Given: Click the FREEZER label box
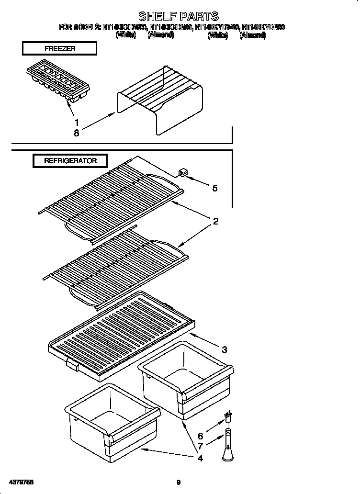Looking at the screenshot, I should click(x=59, y=49).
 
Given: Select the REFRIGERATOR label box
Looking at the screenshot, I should click(x=70, y=161).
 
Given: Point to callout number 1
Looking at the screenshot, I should click(x=77, y=122).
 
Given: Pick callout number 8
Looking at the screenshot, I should click(x=77, y=134).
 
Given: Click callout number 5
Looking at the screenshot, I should click(x=214, y=188).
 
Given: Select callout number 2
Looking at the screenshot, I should click(x=215, y=221).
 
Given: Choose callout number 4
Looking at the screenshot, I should click(x=200, y=458).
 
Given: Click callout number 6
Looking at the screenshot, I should click(x=200, y=436).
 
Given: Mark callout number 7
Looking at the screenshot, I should click(x=200, y=447).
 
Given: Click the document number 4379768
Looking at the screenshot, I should click(x=21, y=482).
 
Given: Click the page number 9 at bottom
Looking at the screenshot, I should click(x=178, y=483).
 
